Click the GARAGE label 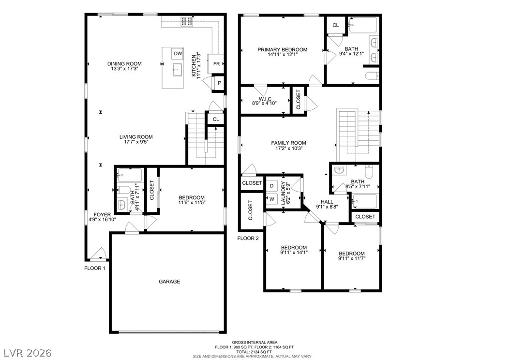[x=169, y=282]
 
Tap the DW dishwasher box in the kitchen [x=178, y=54]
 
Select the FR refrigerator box [x=216, y=64]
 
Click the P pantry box [x=220, y=83]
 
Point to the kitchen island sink [x=177, y=70]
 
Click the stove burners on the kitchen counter [x=187, y=21]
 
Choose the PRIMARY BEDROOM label [x=282, y=50]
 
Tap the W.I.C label [x=265, y=99]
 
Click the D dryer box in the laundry [x=272, y=186]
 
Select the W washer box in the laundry [x=272, y=199]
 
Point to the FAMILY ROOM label [x=288, y=143]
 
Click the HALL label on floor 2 [x=327, y=202]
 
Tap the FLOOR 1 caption [x=95, y=268]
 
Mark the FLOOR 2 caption [x=248, y=239]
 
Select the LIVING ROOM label [x=135, y=137]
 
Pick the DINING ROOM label [x=124, y=64]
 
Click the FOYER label [x=102, y=215]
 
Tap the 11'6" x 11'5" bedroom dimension [x=192, y=202]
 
